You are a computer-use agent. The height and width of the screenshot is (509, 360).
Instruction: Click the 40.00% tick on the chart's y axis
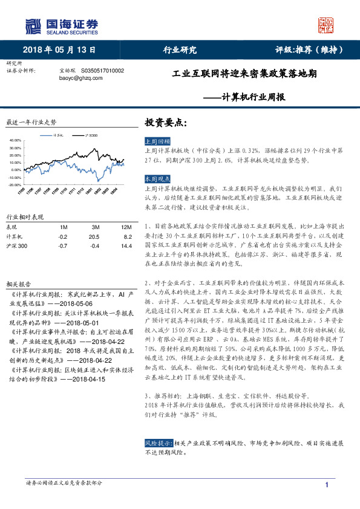(x=15, y=141)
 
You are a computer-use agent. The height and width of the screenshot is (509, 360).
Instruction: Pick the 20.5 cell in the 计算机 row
(x=94, y=237)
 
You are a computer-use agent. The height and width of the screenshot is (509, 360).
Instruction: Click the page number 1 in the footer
(x=327, y=485)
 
